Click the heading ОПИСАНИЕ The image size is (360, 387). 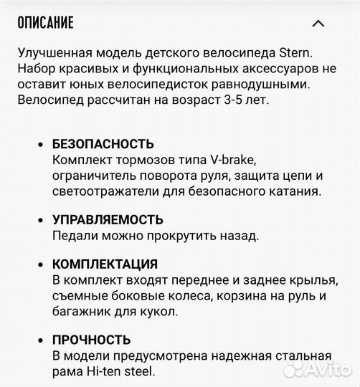pyautogui.click(x=44, y=23)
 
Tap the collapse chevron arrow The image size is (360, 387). pyautogui.click(x=318, y=24)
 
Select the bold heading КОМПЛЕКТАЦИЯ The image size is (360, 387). pyautogui.click(x=105, y=264)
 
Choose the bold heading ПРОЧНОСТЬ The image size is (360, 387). pyautogui.click(x=91, y=340)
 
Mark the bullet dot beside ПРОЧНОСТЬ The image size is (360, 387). pyautogui.click(x=39, y=340)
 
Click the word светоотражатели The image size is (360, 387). pyautogui.click(x=100, y=191)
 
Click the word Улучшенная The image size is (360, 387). pyautogui.click(x=52, y=54)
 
